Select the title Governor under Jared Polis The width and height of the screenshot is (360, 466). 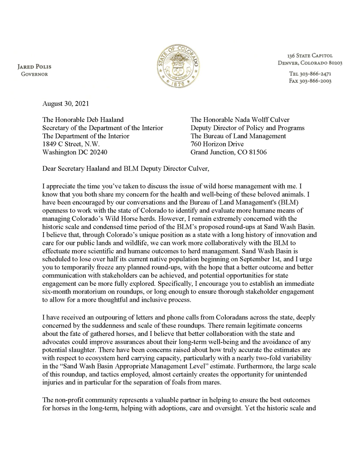[x=35, y=74]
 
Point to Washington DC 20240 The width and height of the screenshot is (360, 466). [x=74, y=152]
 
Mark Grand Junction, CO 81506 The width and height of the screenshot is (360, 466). [x=228, y=152]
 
